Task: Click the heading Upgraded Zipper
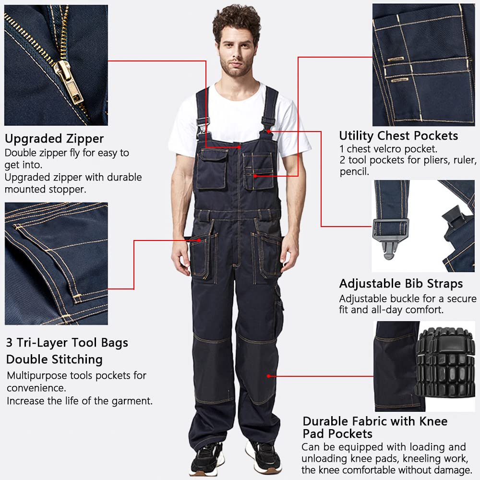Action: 54,139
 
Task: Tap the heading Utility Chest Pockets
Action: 398,136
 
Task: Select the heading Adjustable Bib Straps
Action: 401,284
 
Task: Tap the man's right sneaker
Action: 207,458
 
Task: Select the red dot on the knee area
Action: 268,376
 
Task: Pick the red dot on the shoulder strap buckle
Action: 270,131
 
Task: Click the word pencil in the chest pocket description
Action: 354,172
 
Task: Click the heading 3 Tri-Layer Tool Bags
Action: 67,343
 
